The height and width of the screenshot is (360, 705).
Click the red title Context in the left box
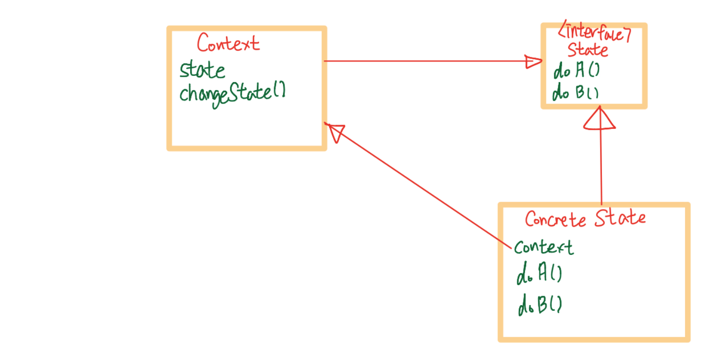[x=228, y=44]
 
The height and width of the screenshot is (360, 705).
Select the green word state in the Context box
[x=202, y=71]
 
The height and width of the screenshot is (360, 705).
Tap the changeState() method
[x=232, y=92]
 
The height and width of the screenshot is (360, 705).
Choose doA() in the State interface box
[x=576, y=72]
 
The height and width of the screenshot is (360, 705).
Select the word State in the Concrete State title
[x=620, y=218]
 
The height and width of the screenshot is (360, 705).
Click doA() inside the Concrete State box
[x=539, y=277]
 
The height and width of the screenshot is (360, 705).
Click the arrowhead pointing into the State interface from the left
[x=534, y=62]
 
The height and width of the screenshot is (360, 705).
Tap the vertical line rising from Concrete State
[x=601, y=165]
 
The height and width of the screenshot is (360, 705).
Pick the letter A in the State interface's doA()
[x=580, y=72]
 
